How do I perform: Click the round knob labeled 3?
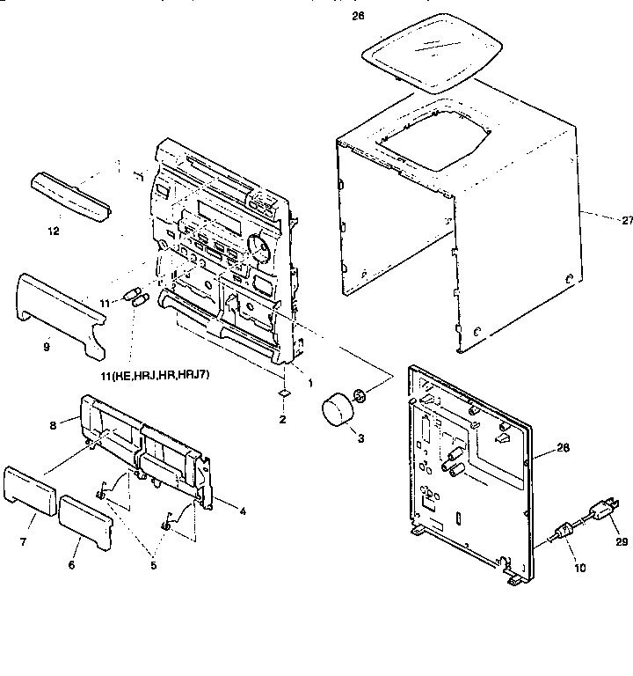click(x=335, y=411)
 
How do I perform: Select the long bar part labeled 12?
click(x=70, y=199)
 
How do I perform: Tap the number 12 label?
click(x=55, y=232)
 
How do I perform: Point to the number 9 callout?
click(x=47, y=347)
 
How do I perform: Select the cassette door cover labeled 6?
click(x=85, y=520)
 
